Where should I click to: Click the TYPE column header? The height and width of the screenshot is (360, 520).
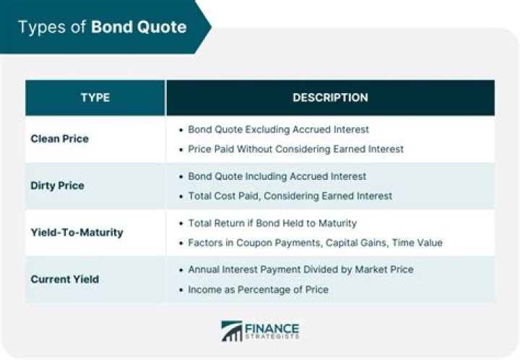(95, 98)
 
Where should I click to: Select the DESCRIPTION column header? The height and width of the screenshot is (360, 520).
(330, 98)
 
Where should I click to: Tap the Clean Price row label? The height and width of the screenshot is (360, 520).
(59, 139)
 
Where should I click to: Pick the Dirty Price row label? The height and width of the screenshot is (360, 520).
(57, 186)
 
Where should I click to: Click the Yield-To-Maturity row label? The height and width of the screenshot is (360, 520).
(77, 233)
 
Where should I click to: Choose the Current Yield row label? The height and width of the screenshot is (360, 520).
(64, 279)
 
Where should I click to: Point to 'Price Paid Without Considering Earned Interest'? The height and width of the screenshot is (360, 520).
(295, 149)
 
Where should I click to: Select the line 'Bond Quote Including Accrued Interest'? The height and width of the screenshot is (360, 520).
(277, 176)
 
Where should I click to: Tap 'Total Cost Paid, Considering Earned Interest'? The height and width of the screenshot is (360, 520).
(290, 196)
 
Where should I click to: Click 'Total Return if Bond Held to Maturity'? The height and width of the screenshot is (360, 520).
(272, 223)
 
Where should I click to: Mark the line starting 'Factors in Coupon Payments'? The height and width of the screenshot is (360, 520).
(315, 243)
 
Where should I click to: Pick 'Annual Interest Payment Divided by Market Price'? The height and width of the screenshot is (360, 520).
(300, 270)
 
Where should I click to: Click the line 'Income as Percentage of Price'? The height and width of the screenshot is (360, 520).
(258, 289)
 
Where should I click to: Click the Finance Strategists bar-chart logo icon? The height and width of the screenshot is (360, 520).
(232, 331)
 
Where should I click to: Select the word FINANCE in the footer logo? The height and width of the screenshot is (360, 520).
(272, 327)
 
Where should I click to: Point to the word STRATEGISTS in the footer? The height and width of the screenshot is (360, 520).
(272, 337)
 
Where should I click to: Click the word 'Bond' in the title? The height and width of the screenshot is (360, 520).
(110, 27)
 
